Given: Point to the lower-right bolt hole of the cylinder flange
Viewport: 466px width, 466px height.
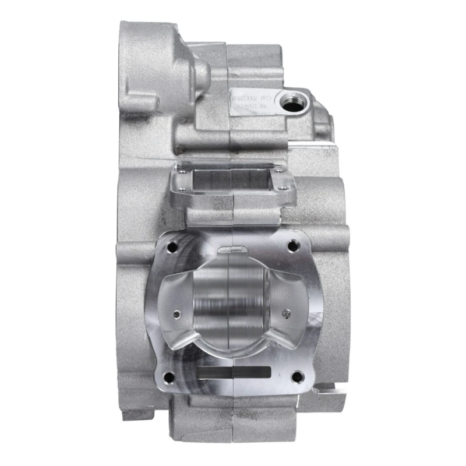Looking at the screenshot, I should (296, 376).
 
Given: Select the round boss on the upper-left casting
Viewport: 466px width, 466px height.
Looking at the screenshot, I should (200, 73).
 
